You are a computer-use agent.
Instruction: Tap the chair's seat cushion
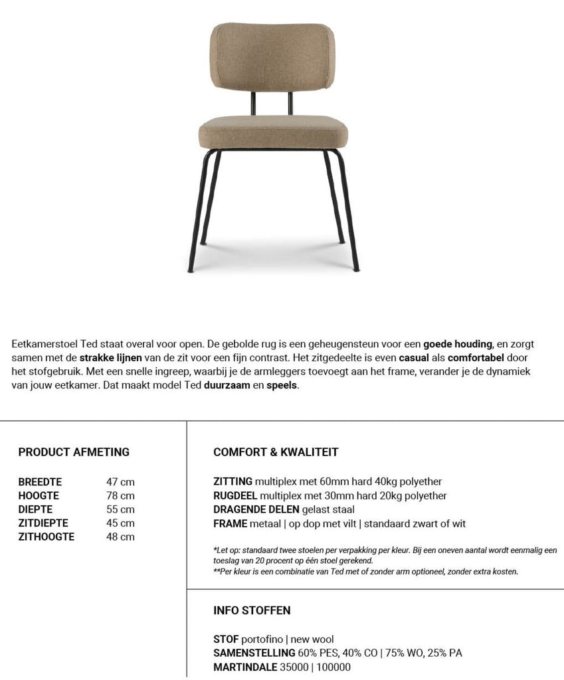coord(272,132)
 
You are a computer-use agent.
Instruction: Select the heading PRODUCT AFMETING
coord(74,452)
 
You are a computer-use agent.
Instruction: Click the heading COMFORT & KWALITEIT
coord(276,452)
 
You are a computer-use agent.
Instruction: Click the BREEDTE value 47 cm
coord(120,481)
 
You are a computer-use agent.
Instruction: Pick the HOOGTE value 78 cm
coord(120,495)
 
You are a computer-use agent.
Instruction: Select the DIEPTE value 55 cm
coord(120,509)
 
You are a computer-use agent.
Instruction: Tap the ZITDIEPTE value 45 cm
coord(120,523)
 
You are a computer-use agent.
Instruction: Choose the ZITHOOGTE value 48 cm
coord(120,537)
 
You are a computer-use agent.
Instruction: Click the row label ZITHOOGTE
coord(47,537)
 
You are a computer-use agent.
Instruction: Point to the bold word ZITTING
coord(233,481)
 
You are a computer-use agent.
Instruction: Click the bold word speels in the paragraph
coord(282,386)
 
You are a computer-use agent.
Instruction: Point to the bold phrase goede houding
coord(458,344)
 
